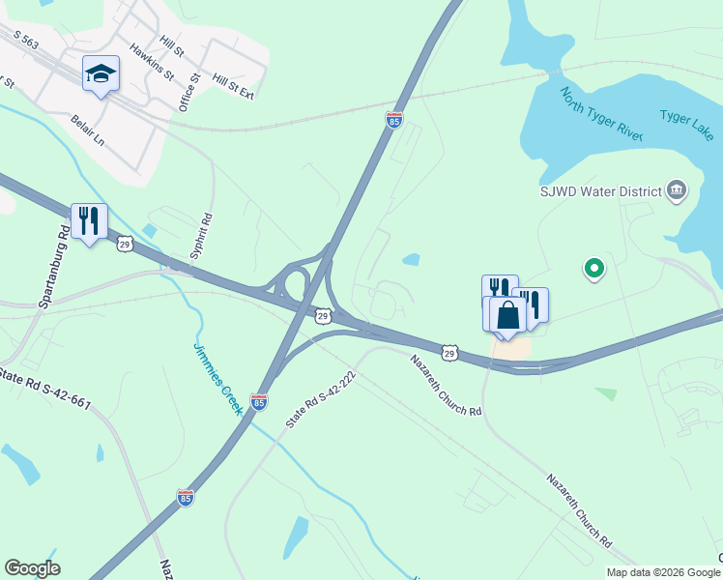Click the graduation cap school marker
point(101,74)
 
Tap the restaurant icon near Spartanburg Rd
point(89,221)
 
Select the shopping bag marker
point(507,314)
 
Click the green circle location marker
point(594,268)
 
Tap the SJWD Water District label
point(599,191)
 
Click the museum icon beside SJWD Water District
point(676,190)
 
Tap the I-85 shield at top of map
point(393,120)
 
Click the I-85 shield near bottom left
point(186,498)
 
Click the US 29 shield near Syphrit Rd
point(125,245)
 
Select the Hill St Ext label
point(233,89)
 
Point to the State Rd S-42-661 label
point(46,386)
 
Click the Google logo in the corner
point(32,568)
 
